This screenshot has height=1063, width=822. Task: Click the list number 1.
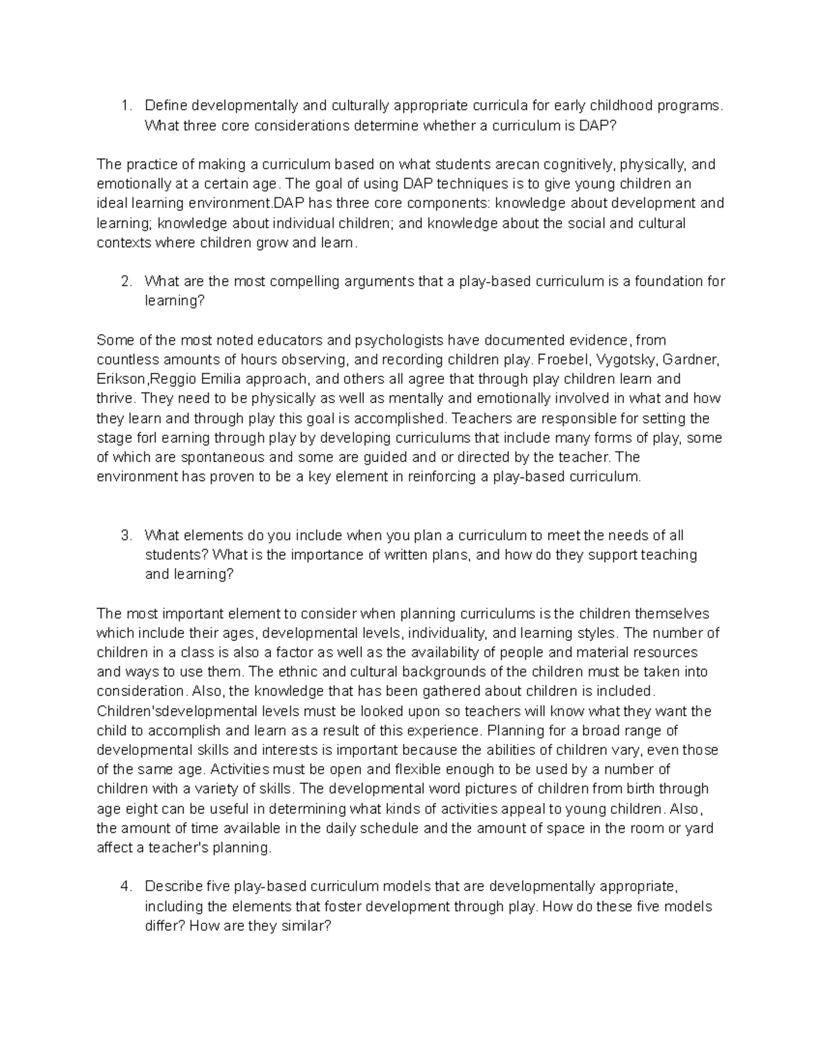125,105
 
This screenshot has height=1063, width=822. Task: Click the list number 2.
125,281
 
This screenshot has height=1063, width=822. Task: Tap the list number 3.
125,535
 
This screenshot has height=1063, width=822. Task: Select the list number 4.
125,886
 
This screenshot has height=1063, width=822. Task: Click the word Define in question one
165,105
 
